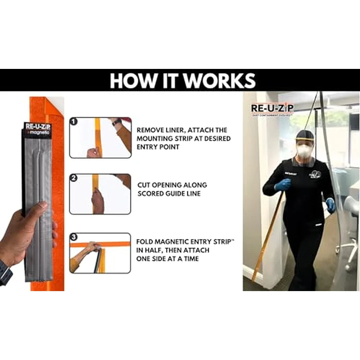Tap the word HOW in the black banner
(x=129, y=81)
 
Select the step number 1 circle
(x=74, y=122)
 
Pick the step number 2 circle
(x=74, y=178)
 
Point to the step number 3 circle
(x=74, y=238)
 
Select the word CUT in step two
(x=145, y=184)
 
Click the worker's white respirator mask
(x=303, y=151)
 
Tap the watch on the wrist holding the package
(x=5, y=272)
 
